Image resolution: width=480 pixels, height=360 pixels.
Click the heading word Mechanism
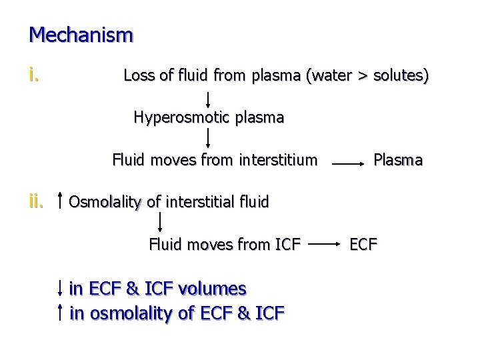coord(81,34)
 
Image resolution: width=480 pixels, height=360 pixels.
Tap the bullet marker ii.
coord(37,201)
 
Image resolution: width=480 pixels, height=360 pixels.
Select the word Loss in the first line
coord(139,76)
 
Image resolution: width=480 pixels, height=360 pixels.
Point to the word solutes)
coord(401,76)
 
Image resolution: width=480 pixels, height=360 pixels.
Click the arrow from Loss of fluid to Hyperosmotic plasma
coord(209,97)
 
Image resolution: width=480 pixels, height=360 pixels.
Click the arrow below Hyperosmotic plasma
coord(209,138)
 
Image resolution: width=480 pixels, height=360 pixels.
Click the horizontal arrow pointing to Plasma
coord(347,161)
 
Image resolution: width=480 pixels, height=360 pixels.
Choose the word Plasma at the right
coord(398,160)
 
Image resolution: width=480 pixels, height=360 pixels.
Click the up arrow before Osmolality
coord(61,200)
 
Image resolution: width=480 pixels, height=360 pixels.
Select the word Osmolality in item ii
coord(105,201)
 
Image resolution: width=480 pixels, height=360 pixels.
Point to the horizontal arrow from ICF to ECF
coord(324,245)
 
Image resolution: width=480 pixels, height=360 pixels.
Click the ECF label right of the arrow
coord(364,244)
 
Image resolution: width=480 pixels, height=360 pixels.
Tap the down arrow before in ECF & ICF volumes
coord(61,289)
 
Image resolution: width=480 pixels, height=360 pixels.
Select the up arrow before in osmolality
coord(61,311)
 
